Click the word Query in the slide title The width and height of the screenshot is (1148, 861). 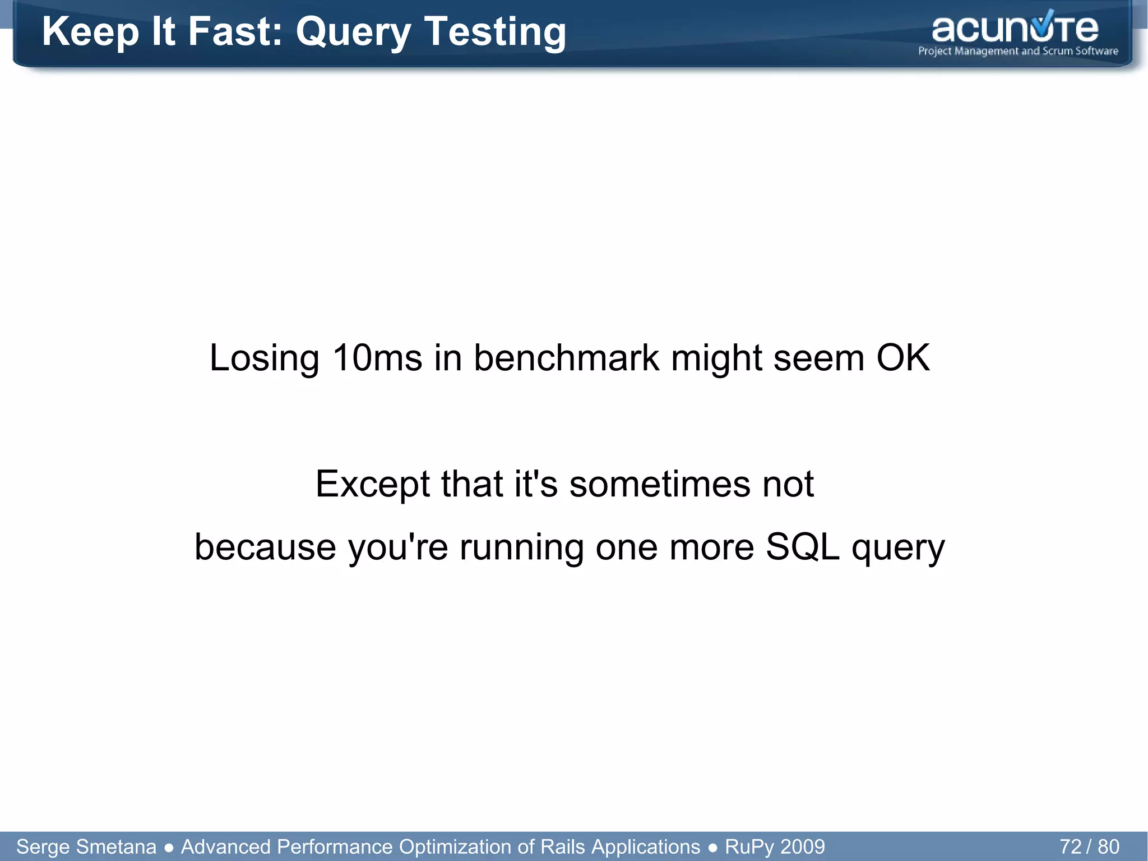(354, 32)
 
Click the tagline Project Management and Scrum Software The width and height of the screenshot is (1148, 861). (1018, 51)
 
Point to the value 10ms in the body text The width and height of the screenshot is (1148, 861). (377, 357)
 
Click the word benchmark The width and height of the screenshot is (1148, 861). (566, 357)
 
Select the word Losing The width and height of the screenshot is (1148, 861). (264, 357)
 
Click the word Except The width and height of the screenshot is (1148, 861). (372, 484)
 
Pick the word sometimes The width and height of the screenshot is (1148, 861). (659, 484)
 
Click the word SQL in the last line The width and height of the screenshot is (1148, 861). (802, 547)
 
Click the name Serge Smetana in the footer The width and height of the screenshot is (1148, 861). (86, 846)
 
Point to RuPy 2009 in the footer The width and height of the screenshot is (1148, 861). (775, 846)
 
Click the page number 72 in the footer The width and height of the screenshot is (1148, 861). (1070, 846)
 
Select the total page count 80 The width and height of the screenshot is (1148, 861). (1108, 846)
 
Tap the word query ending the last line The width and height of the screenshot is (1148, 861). (898, 547)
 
